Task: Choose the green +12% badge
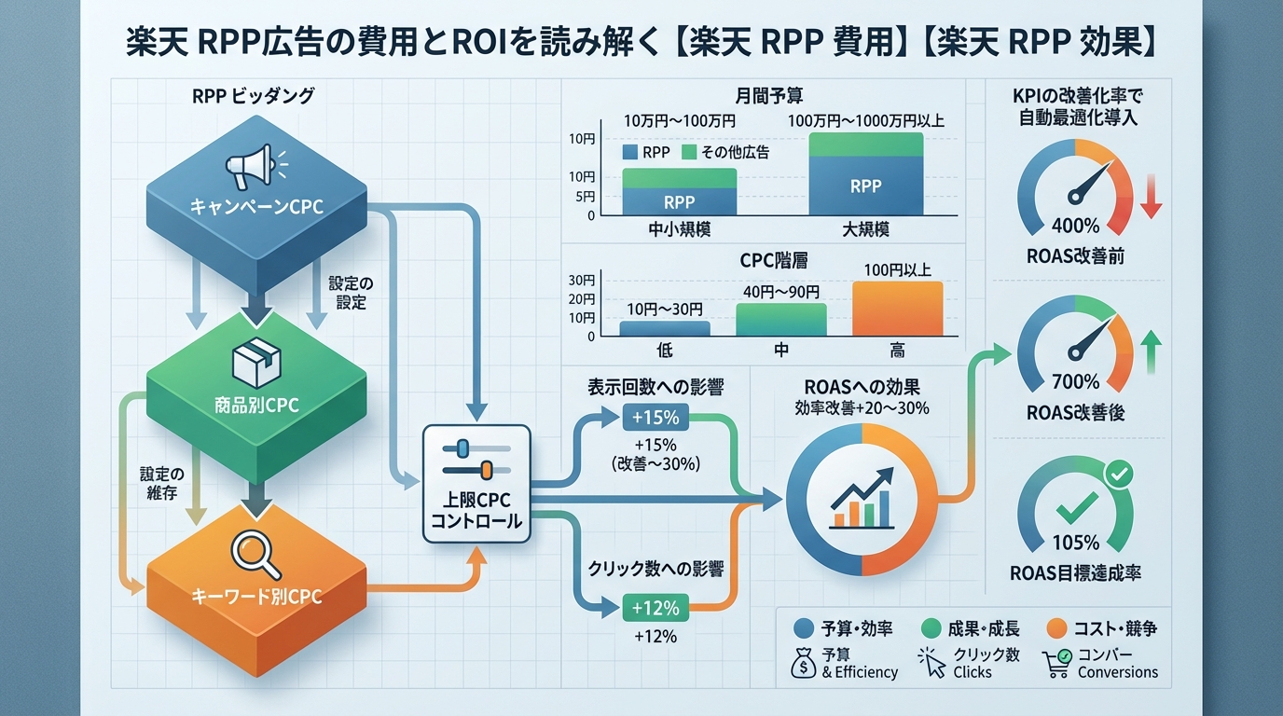click(x=655, y=608)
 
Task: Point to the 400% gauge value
click(x=1074, y=226)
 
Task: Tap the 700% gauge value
click(x=1074, y=381)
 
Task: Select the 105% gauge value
click(x=1074, y=543)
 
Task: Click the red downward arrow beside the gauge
click(x=1150, y=199)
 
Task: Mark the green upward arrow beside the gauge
click(x=1150, y=351)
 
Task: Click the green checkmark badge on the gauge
click(x=1118, y=475)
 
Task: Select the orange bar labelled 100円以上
click(x=897, y=309)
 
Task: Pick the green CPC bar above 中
click(x=780, y=319)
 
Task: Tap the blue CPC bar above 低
click(x=664, y=328)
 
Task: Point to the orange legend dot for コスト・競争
click(x=1056, y=628)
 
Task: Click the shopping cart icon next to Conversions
click(x=1057, y=662)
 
